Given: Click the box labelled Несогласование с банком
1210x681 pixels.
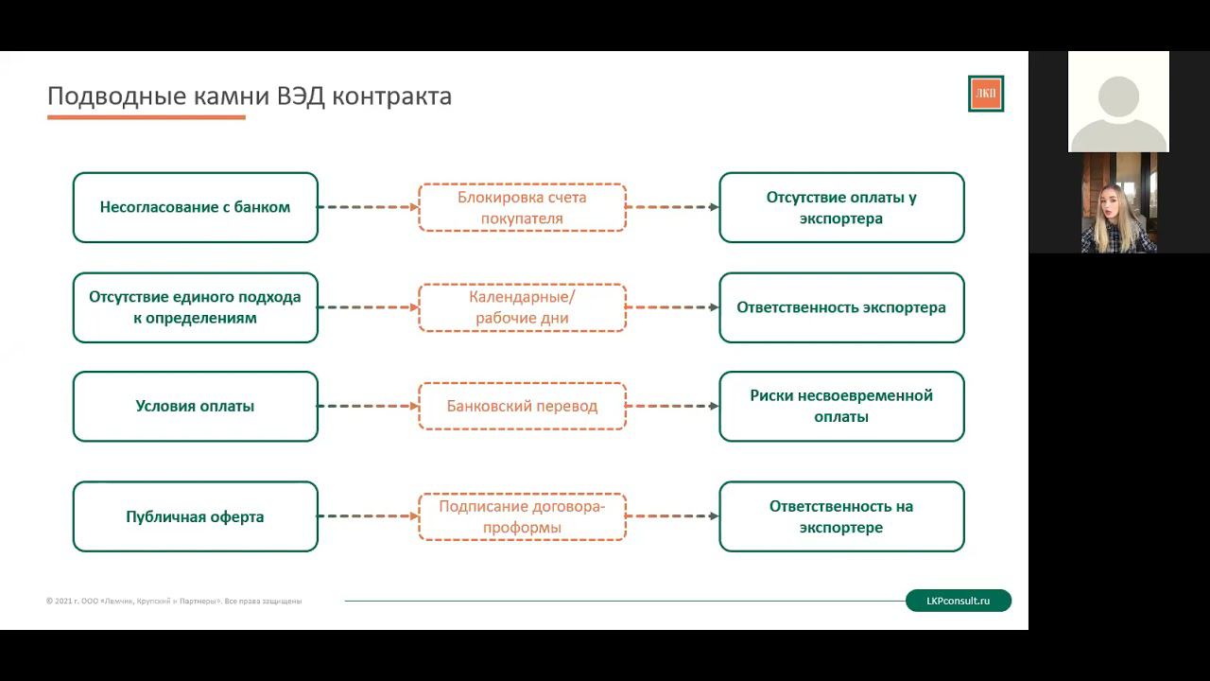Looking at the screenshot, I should click(x=195, y=207).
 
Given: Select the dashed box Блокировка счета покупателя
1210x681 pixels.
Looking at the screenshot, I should click(x=522, y=207).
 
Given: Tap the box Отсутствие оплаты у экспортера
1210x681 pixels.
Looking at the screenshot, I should click(x=841, y=207).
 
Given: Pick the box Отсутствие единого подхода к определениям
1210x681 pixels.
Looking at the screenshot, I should click(x=195, y=307).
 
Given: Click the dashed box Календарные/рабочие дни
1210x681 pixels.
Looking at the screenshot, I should click(x=522, y=307).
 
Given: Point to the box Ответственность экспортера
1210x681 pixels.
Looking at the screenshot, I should click(x=841, y=307).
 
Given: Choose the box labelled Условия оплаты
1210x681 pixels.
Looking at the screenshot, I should click(x=195, y=406).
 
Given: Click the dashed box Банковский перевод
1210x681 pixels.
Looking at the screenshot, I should click(x=522, y=406).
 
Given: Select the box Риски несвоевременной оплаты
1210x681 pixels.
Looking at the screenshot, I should click(x=841, y=406).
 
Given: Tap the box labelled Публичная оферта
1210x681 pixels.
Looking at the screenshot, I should click(x=195, y=516).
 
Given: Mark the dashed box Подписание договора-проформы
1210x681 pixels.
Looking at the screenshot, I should click(x=522, y=516).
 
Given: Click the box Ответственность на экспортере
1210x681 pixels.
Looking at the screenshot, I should click(x=841, y=516).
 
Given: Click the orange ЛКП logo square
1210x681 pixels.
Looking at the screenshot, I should click(x=986, y=94).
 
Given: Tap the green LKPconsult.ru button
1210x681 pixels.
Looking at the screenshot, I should click(x=958, y=601).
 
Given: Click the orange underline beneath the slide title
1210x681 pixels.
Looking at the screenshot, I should click(x=147, y=117).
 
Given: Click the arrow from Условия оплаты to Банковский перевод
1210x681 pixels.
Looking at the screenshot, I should click(x=368, y=406).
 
